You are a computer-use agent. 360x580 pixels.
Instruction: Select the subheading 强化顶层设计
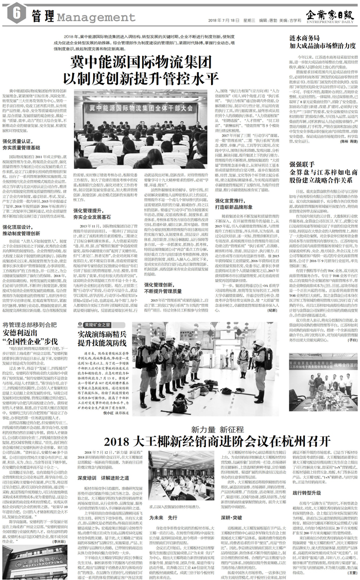20,226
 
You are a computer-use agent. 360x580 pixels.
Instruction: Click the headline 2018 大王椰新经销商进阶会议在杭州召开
216,441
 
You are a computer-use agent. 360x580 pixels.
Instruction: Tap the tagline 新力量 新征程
216,429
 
